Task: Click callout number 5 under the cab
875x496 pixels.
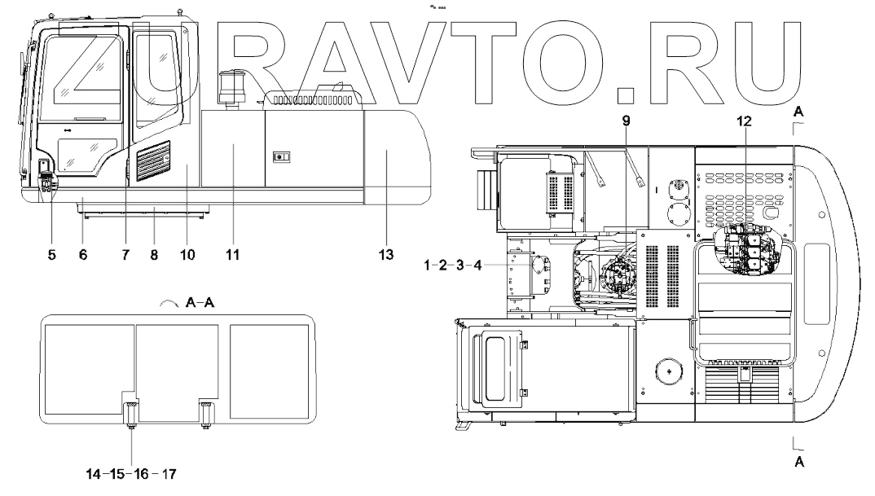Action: tap(52, 255)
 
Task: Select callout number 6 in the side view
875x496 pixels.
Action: tap(83, 255)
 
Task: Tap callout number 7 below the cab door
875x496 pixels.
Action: tap(125, 255)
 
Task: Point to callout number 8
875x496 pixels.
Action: tap(154, 255)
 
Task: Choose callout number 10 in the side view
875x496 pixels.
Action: tap(187, 255)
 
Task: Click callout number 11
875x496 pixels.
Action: tap(233, 255)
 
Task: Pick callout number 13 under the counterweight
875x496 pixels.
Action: tap(386, 255)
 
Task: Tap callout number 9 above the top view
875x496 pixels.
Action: tap(627, 121)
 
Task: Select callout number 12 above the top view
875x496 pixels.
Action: tap(745, 121)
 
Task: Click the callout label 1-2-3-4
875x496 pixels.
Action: tap(452, 265)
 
